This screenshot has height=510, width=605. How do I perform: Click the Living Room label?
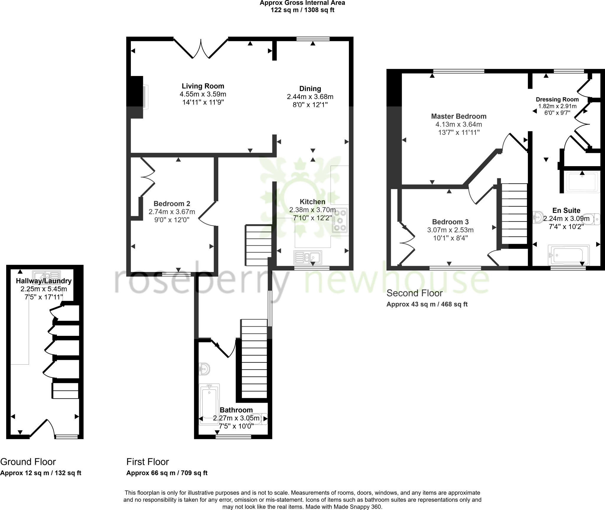203,86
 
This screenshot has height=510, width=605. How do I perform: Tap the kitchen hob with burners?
340,220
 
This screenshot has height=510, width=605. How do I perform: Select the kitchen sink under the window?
308,257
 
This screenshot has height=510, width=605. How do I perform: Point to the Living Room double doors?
201,49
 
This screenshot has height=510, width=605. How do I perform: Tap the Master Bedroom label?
458,116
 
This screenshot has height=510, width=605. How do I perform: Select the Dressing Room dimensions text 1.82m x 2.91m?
557,106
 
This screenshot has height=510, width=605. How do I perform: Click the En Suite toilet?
592,219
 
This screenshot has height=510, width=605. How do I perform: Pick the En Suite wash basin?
539,217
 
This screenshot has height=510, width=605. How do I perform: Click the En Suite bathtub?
568,255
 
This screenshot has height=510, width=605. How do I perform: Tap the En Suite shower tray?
582,182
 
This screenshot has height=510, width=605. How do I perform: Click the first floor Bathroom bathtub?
209,404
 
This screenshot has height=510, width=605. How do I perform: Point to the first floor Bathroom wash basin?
204,369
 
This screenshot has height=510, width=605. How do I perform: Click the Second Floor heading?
414,293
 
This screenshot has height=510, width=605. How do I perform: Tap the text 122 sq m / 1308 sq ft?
302,10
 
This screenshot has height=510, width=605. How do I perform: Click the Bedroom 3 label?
450,222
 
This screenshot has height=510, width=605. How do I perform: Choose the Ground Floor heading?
28,462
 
